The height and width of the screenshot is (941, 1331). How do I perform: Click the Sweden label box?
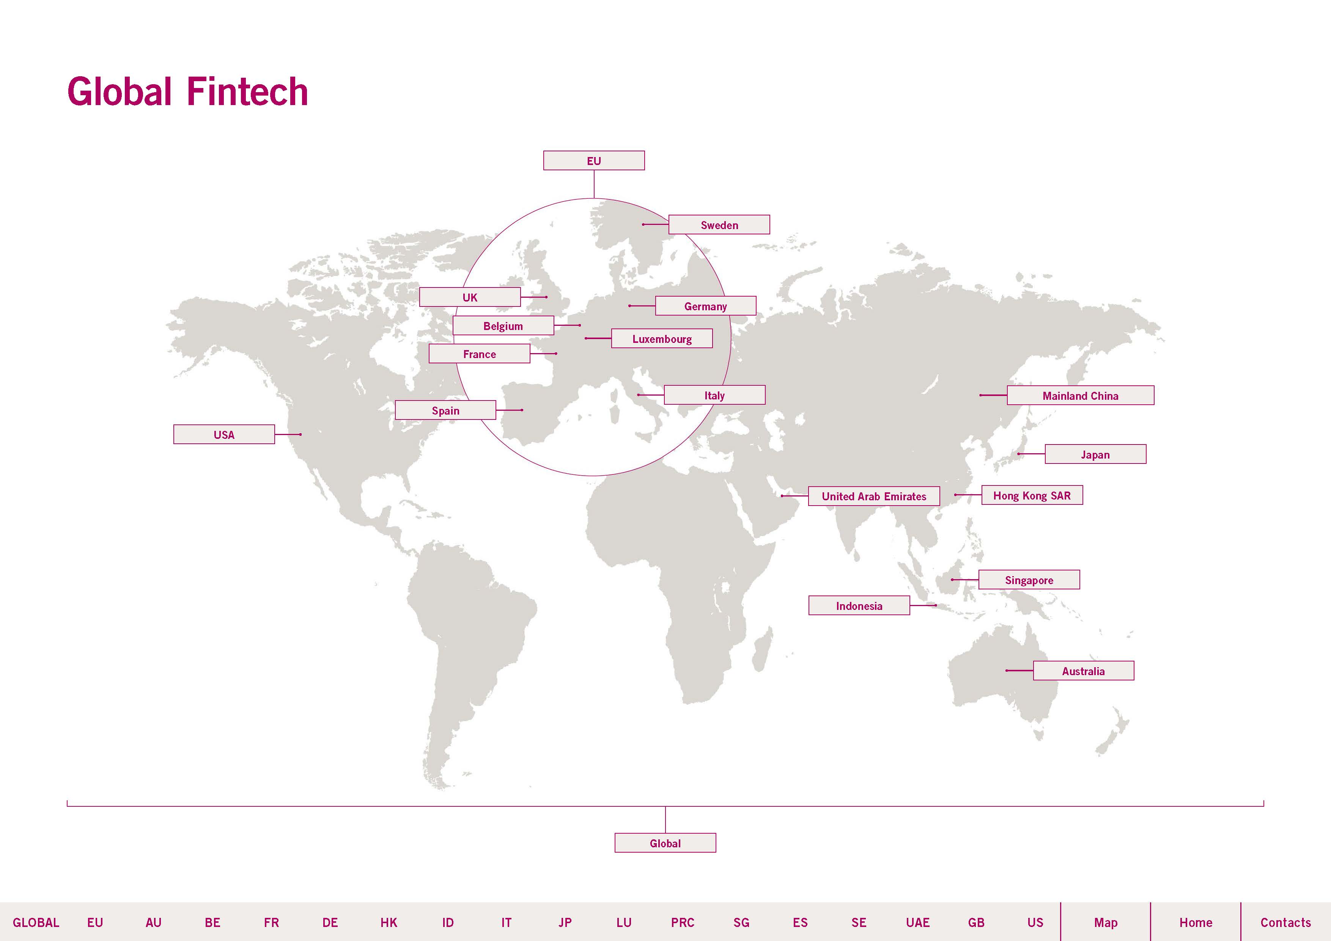[719, 225]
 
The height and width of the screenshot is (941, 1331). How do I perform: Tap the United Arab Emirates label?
[874, 496]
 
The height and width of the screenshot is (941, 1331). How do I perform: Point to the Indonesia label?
[859, 605]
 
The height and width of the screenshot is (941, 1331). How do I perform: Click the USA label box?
[224, 435]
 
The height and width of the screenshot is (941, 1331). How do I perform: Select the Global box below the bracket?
[665, 843]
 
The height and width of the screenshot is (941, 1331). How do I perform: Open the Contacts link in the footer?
[1285, 922]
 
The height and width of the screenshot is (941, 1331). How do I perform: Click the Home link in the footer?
[1195, 922]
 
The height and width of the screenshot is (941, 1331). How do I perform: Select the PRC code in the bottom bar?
[682, 922]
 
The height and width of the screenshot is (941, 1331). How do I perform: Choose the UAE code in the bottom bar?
[918, 922]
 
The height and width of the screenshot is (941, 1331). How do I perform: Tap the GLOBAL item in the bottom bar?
[36, 922]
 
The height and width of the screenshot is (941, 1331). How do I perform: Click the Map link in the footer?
[1106, 922]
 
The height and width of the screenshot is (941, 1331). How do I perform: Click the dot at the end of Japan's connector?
[1018, 454]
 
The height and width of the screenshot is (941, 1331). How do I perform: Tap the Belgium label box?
[503, 326]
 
